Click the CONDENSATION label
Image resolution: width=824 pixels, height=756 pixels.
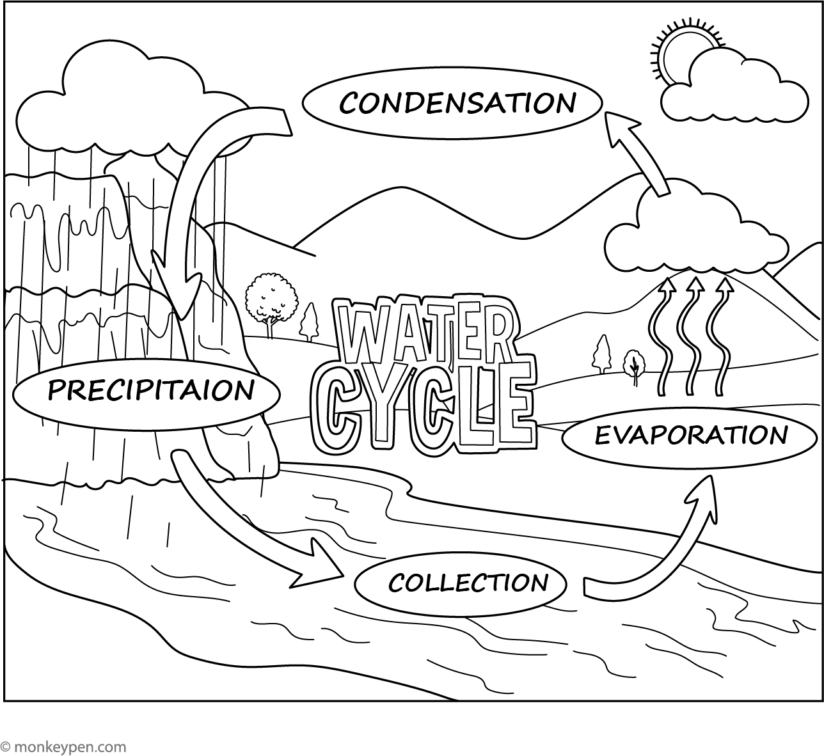tap(457, 103)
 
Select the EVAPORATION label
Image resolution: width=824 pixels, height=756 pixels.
tap(692, 436)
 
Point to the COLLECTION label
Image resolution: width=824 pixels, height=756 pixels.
tap(468, 582)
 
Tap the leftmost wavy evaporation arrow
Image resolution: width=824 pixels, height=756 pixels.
tap(662, 336)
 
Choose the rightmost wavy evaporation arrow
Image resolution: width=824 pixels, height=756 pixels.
tap(720, 336)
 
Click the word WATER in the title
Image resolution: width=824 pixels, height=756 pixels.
tap(425, 332)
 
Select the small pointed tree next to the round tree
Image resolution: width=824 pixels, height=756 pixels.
tap(309, 323)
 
